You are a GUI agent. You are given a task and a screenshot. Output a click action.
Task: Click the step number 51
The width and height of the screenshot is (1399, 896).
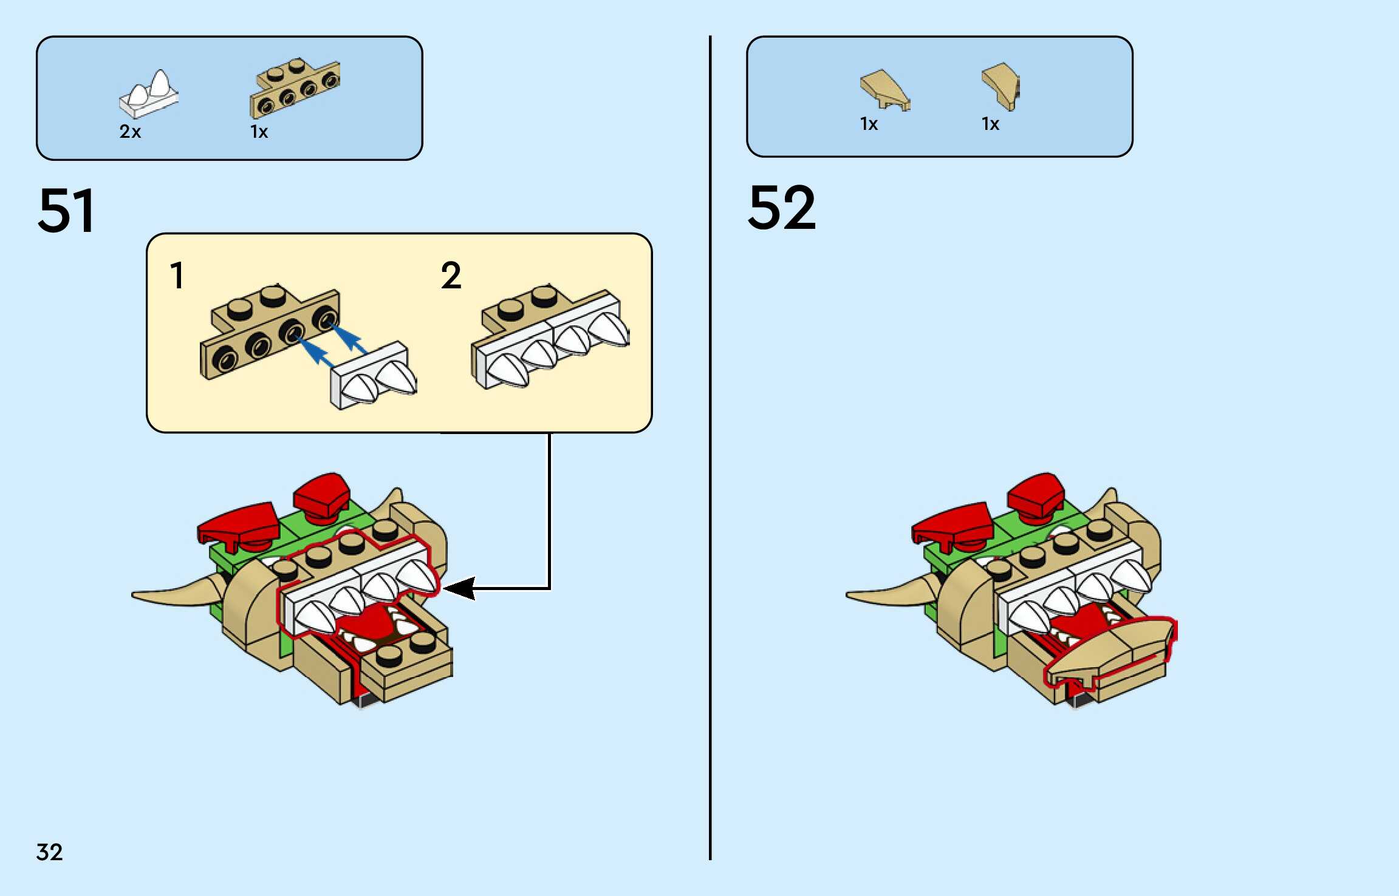click(x=66, y=210)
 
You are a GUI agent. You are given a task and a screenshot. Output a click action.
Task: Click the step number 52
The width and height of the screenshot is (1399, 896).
click(x=782, y=208)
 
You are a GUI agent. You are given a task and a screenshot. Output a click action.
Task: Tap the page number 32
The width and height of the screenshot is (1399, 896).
click(x=49, y=852)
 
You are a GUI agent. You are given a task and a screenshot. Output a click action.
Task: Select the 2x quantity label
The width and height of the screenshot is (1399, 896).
click(x=130, y=132)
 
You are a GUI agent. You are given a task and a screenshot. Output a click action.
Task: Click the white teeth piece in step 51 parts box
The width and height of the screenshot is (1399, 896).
click(x=149, y=94)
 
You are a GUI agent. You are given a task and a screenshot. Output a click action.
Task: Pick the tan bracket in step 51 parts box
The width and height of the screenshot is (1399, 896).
click(x=295, y=88)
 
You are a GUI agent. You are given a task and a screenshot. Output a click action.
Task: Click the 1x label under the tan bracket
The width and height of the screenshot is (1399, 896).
click(x=259, y=132)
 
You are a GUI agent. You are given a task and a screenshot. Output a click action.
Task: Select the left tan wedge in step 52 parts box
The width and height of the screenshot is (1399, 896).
click(x=884, y=90)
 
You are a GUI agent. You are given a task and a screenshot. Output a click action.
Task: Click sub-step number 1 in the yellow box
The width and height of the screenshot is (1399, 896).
click(x=177, y=276)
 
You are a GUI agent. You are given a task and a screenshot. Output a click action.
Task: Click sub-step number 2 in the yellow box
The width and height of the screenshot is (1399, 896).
click(x=451, y=276)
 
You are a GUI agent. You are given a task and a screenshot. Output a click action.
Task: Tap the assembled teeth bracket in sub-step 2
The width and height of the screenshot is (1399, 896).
click(x=550, y=338)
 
